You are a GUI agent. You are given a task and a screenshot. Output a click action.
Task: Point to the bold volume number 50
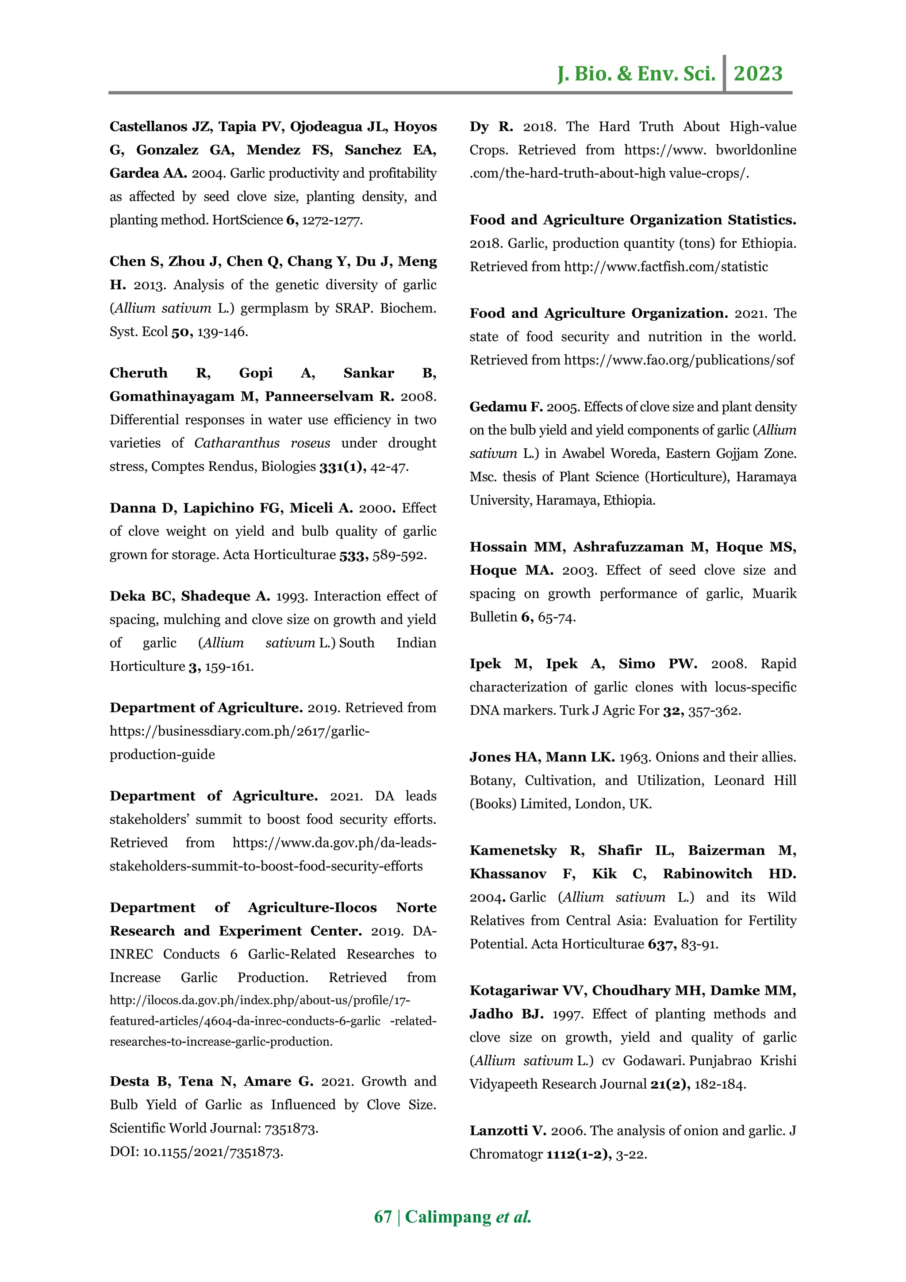(x=181, y=332)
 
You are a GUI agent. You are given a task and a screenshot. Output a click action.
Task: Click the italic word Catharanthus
(x=237, y=443)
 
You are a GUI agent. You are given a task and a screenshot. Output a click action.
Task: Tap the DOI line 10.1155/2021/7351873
(x=212, y=1152)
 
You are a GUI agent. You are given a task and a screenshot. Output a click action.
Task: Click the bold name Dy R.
(x=491, y=127)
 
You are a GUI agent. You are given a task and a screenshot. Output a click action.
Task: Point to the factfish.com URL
(x=665, y=267)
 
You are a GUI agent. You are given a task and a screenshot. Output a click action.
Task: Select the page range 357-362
(x=714, y=711)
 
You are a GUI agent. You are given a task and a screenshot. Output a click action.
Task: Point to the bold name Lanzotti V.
(x=507, y=1131)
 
